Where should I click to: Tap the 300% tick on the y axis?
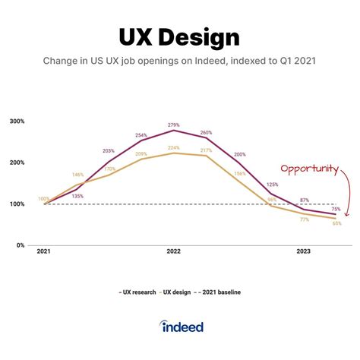click(x=17, y=122)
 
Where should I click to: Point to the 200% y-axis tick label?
click(x=17, y=163)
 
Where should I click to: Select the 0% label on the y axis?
click(x=20, y=245)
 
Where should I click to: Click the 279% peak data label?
click(x=173, y=125)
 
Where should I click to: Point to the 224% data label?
click(x=173, y=147)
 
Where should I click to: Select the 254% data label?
click(x=141, y=135)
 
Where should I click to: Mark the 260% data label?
click(x=207, y=132)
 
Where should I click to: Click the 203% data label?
click(x=109, y=151)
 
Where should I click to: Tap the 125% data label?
click(x=271, y=184)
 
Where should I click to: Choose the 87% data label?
click(x=304, y=200)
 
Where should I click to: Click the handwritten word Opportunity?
click(x=308, y=168)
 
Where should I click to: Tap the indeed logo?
click(x=182, y=326)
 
